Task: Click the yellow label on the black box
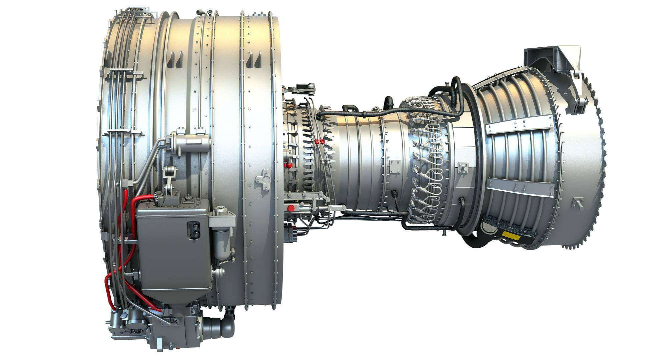point(511,236)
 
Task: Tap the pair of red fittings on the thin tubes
point(319,142)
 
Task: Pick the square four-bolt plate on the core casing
point(396,166)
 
